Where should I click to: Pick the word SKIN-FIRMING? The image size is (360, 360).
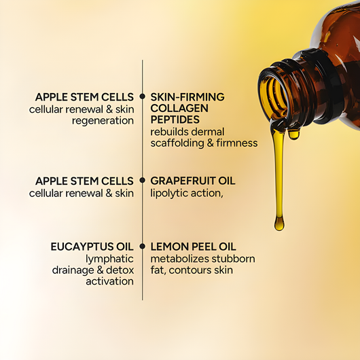[x=187, y=97]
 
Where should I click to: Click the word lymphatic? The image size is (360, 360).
[x=109, y=259]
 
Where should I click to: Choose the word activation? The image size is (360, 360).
[x=111, y=281]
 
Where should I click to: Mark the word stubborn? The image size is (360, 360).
[x=234, y=259]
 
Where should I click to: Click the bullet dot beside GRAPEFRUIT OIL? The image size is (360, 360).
[x=143, y=181]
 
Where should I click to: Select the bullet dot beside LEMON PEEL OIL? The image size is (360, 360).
[x=143, y=247]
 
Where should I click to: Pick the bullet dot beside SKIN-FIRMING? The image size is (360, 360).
[x=143, y=97]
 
